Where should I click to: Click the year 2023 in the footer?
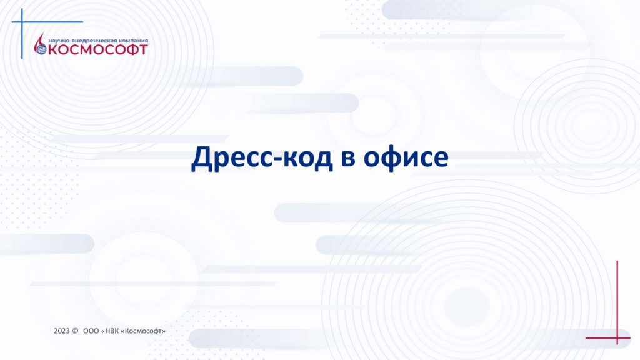coord(62,331)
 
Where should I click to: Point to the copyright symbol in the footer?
coord(75,331)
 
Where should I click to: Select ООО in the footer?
coord(91,331)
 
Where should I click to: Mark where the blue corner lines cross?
coord(22,22)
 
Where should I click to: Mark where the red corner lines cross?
coord(617,338)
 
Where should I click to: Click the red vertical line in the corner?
coord(617,302)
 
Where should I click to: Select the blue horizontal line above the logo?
coord(47,22)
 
